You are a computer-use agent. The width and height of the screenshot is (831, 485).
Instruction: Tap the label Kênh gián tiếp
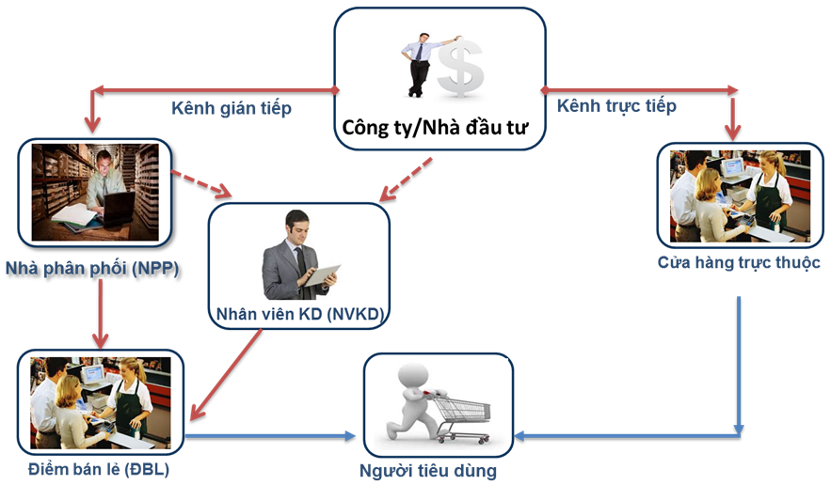click(x=231, y=108)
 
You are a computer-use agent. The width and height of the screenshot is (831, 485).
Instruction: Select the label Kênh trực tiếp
click(x=616, y=105)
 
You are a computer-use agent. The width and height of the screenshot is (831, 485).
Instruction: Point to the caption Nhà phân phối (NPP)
click(x=91, y=269)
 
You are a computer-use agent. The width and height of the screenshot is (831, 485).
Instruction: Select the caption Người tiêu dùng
click(x=440, y=469)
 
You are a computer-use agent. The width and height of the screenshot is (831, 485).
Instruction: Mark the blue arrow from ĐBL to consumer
click(x=273, y=435)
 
